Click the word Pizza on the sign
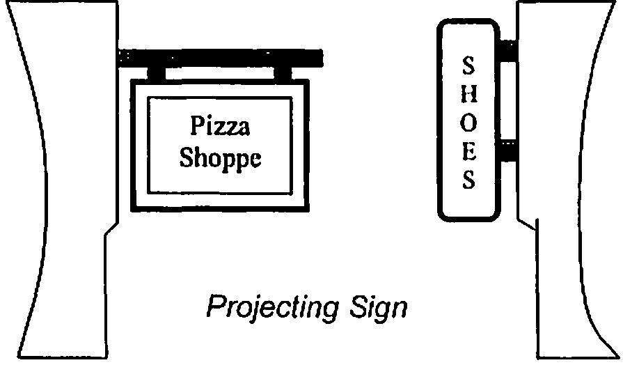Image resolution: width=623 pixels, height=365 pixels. point(220,127)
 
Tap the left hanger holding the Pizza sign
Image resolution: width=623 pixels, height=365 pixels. point(156,72)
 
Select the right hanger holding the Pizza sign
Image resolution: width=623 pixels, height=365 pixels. point(283,72)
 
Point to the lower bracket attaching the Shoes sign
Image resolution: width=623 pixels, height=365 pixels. point(509,149)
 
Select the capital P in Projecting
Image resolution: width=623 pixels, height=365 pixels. point(216,306)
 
